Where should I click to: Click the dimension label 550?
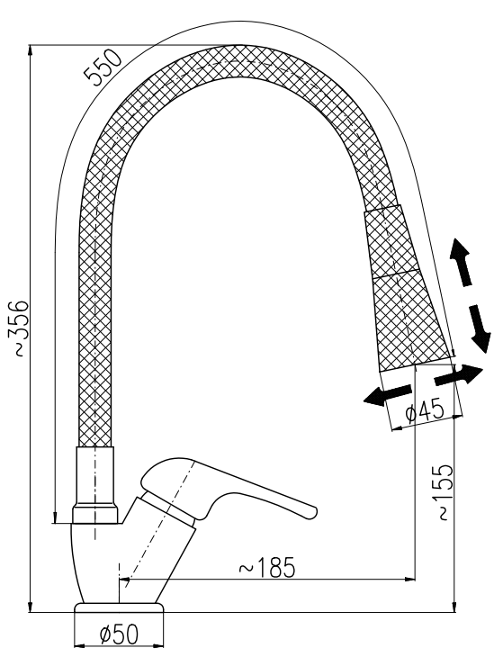[103, 67]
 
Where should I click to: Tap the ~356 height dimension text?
[19, 328]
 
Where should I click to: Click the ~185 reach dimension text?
[266, 567]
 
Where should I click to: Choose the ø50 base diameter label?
[119, 634]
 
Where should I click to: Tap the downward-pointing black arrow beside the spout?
[480, 328]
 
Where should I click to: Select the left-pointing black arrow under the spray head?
[388, 395]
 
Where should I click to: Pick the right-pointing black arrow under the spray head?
[459, 375]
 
